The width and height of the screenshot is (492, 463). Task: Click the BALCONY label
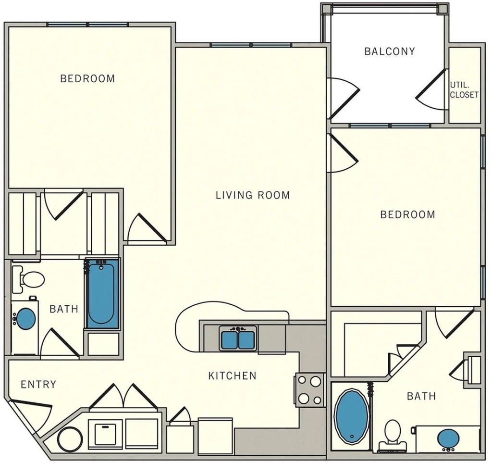pos(389,51)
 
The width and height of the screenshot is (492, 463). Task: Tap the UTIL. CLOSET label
pos(464,90)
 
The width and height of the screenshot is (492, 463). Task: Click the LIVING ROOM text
pos(253,195)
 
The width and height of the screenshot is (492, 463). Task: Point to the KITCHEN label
pos(232,375)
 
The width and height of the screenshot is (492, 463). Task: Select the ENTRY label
pos(38,385)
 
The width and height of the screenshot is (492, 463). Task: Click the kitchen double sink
pos(238,338)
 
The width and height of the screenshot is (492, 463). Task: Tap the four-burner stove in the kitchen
pos(309,390)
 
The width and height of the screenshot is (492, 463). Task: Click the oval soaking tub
pos(352,416)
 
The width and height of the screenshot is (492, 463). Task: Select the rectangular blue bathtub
pos(102,293)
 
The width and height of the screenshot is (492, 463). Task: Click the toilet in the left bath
pos(28,279)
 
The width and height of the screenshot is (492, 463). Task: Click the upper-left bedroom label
pos(87,78)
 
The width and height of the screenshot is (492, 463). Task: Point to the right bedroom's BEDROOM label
pos(407,215)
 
